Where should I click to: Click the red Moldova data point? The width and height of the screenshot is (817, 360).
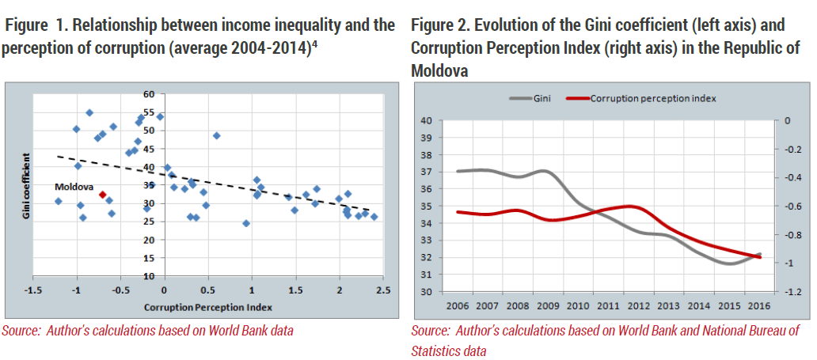click(103, 195)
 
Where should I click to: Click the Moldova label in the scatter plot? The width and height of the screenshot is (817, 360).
click(74, 187)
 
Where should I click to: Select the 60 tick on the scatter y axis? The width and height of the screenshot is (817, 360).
click(150, 94)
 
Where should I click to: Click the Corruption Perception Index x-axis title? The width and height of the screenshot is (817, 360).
click(207, 307)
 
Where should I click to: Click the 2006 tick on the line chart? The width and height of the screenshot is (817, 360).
click(458, 305)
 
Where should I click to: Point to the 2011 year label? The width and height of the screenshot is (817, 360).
click(608, 305)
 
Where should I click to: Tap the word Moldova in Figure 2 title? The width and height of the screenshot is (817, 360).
click(439, 71)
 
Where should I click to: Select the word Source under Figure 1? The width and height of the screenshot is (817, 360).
click(17, 330)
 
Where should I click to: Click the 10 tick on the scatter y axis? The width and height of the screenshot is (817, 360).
click(150, 275)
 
